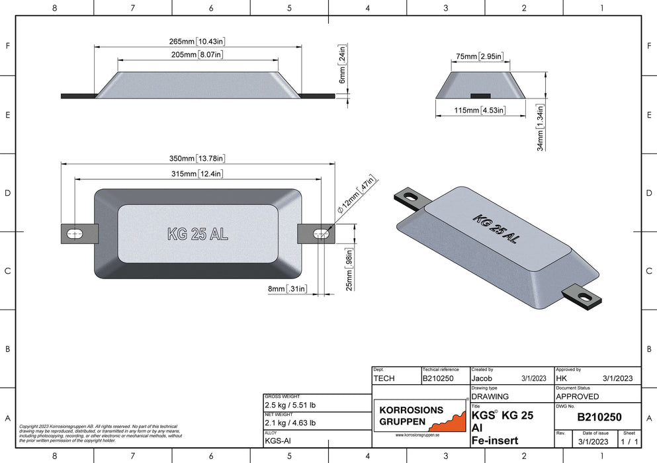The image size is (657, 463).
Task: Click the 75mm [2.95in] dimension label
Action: tap(480, 57)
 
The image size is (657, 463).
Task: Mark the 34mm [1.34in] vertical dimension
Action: tap(540, 128)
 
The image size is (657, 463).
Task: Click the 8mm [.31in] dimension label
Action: tap(286, 288)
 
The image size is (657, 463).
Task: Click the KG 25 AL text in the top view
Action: tap(198, 233)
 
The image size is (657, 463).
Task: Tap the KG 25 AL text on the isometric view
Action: tap(496, 230)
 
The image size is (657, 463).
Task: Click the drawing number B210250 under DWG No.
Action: tap(599, 417)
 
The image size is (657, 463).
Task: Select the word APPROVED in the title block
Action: tap(578, 396)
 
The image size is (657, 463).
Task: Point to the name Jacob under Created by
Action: tap(482, 378)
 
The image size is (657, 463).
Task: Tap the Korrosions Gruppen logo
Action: tap(420, 415)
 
